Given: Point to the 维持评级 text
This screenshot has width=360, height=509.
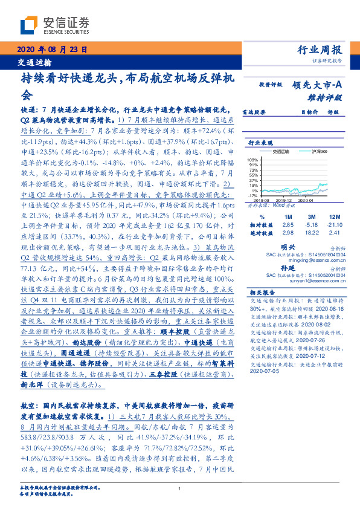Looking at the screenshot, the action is coord(327,97).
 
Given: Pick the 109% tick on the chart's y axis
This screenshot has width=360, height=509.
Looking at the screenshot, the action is coord(252,158).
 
